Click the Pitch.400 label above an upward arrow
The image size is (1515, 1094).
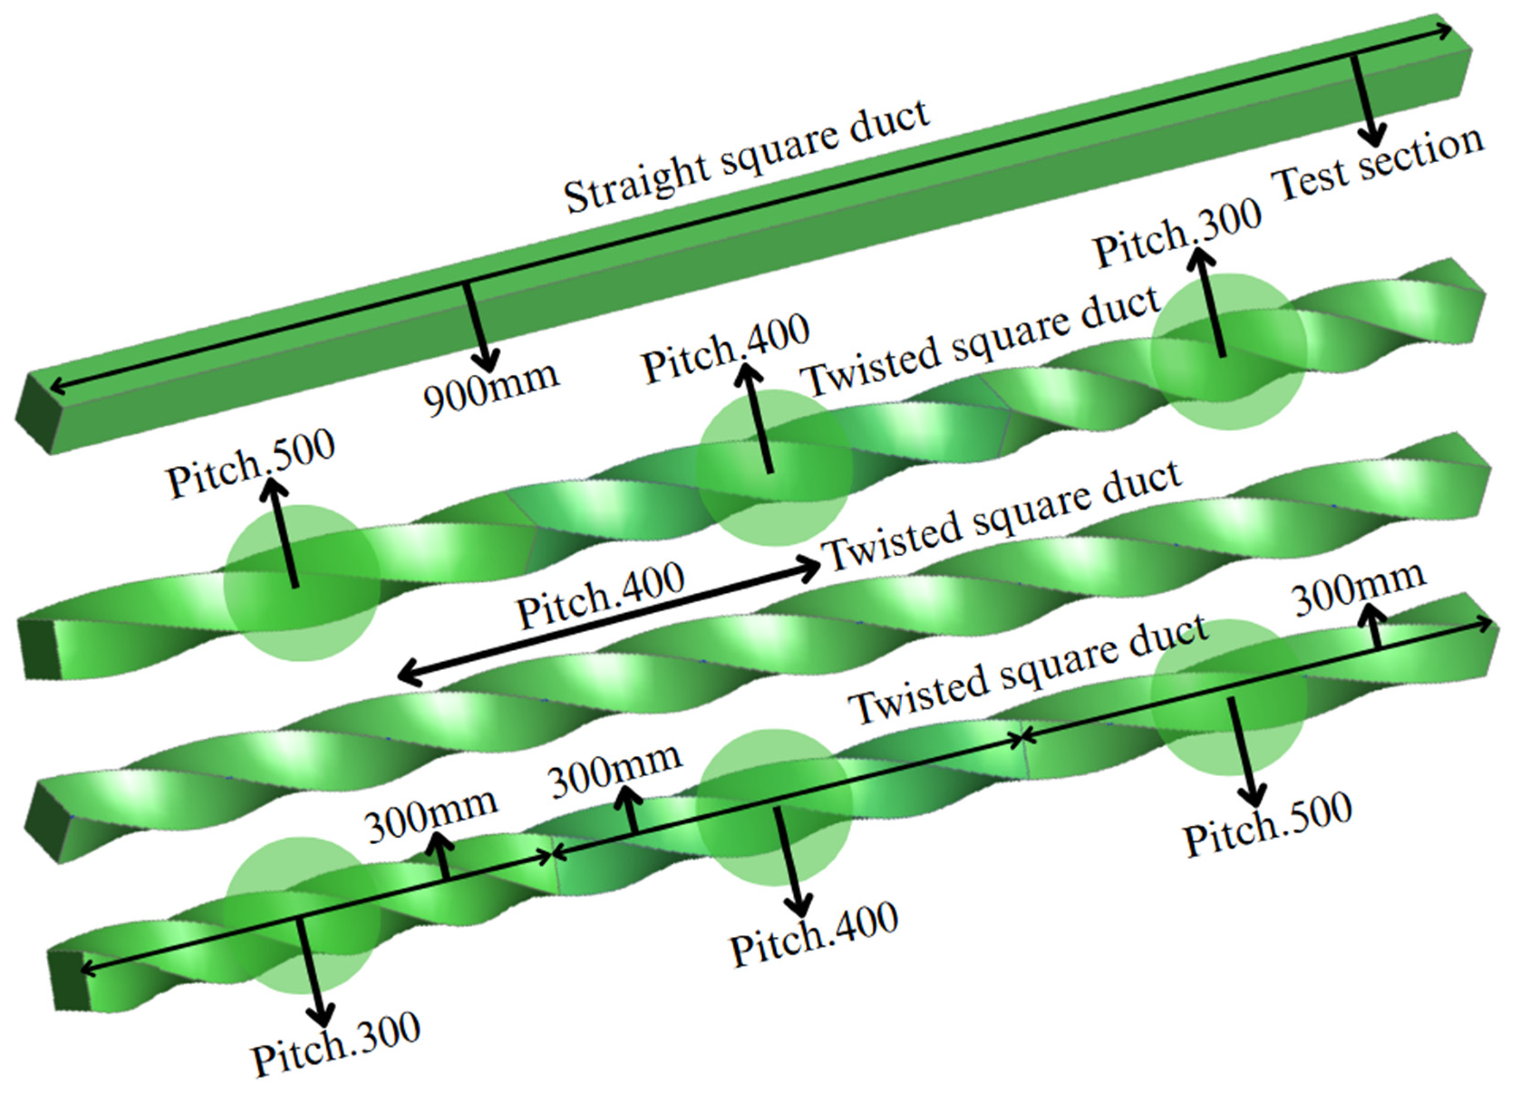click(x=726, y=348)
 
